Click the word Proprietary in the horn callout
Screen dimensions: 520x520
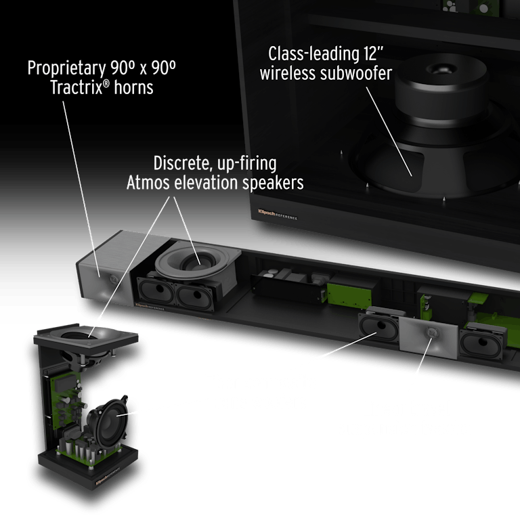point(66,69)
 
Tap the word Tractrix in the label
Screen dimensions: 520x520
point(76,87)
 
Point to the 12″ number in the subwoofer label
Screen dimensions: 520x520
point(373,53)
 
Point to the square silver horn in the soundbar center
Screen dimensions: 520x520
point(429,334)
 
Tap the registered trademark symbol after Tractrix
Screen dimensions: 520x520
point(106,83)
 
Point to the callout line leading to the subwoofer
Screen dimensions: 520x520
point(389,131)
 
